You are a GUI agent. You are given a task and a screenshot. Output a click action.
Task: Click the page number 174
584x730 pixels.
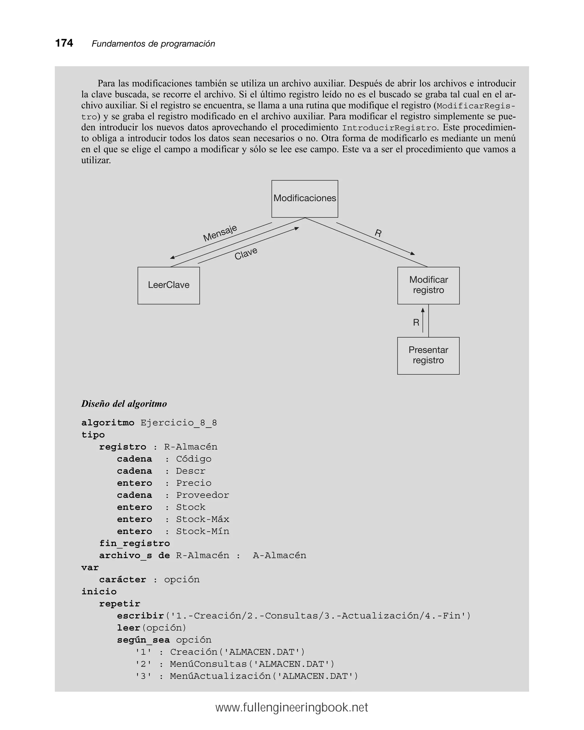[x=64, y=43]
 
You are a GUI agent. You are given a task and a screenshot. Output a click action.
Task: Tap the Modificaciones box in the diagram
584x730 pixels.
[x=305, y=198]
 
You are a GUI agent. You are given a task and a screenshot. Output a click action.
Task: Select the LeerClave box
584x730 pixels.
[x=168, y=285]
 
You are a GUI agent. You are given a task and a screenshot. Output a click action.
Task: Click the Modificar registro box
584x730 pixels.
[x=428, y=285]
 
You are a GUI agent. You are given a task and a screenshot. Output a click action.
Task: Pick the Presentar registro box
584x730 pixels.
[x=428, y=355]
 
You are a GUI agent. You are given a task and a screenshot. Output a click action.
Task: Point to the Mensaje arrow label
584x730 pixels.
[x=220, y=233]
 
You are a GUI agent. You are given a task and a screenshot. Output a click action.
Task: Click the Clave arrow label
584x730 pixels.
[x=246, y=253]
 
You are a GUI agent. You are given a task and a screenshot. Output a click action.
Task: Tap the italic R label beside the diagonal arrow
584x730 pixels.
[x=378, y=233]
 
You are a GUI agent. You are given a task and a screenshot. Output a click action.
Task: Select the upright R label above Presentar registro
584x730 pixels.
[x=416, y=322]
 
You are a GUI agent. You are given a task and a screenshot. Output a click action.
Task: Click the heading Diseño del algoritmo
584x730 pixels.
[x=124, y=404]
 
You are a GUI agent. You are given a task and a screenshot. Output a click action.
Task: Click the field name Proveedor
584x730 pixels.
[x=202, y=495]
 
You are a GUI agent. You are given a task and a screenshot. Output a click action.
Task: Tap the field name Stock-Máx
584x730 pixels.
[x=202, y=519]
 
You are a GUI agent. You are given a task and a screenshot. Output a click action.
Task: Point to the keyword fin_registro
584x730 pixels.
[x=135, y=543]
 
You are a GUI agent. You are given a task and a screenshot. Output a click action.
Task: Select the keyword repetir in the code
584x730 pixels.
[x=119, y=604]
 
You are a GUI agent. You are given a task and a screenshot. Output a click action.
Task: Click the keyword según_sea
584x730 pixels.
[x=143, y=640]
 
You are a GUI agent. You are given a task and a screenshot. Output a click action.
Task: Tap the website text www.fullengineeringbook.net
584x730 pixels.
[x=292, y=708]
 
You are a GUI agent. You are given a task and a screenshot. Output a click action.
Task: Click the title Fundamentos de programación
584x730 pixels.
[x=153, y=44]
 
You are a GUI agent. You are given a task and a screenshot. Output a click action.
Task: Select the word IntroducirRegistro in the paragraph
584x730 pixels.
[x=389, y=128]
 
